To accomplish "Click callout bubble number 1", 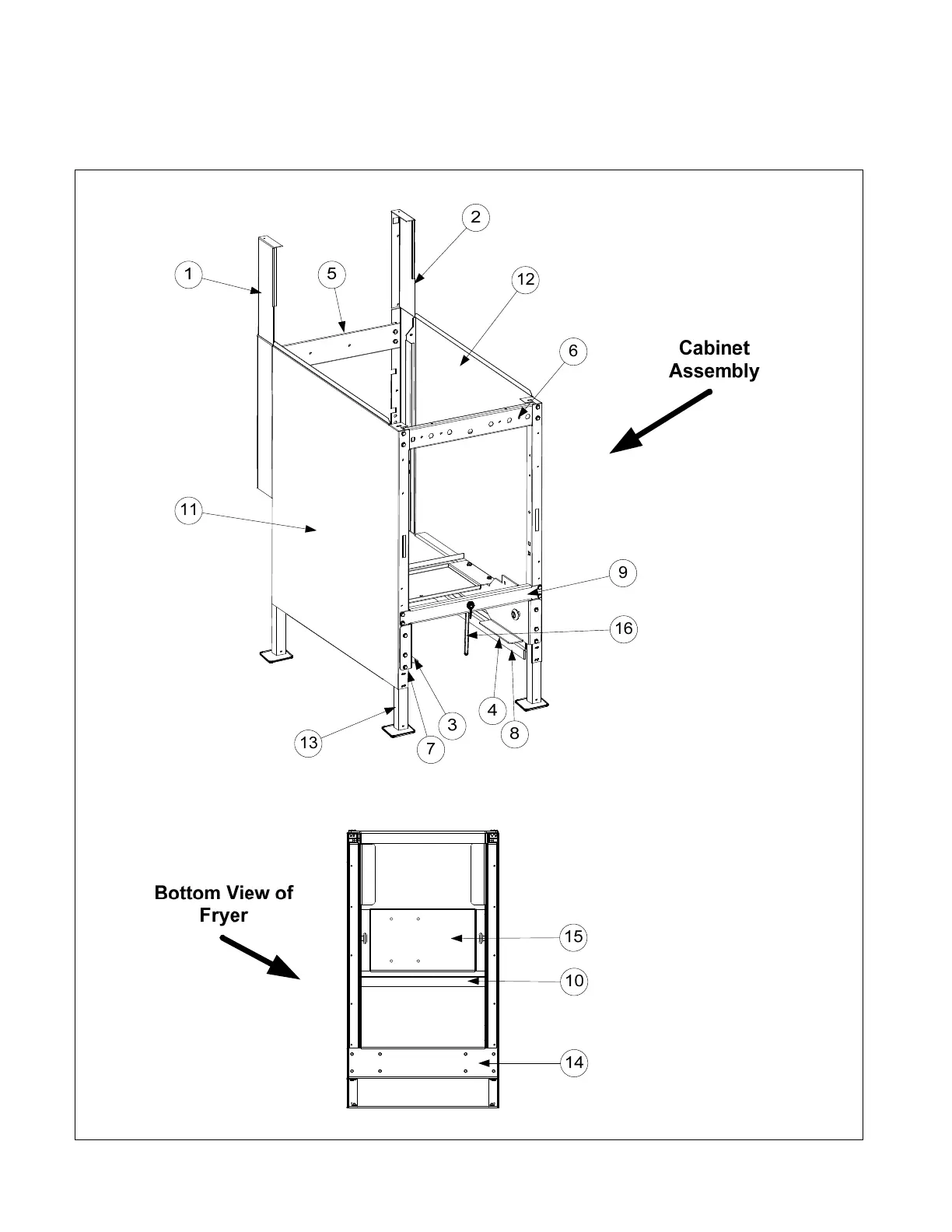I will [x=188, y=275].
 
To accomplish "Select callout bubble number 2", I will [x=476, y=218].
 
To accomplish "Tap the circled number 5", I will [x=332, y=274].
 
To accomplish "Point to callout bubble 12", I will [x=527, y=279].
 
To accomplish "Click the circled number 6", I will [x=573, y=351].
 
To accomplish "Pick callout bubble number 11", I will [x=188, y=511].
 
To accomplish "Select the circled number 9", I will [x=623, y=573].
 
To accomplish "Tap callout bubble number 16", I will [x=624, y=628].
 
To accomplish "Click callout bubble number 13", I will [x=309, y=743].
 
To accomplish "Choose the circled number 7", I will [x=430, y=750].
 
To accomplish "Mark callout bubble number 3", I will [x=452, y=726].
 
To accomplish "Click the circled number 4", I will [x=492, y=709].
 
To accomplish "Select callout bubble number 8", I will [x=514, y=733].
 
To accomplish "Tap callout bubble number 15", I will [x=574, y=936].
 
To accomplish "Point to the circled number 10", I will [x=574, y=981].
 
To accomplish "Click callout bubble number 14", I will [x=574, y=1062].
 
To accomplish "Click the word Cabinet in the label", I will [x=714, y=348].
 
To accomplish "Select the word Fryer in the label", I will [x=223, y=915].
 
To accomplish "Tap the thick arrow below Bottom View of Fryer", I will [x=260, y=957].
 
